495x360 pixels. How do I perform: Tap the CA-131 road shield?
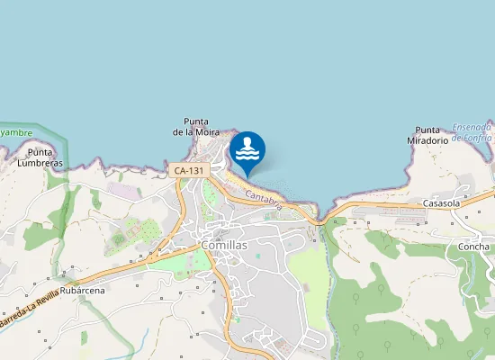(x=188, y=169)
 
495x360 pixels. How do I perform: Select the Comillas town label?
(x=224, y=244)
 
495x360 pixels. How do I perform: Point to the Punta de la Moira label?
(x=196, y=127)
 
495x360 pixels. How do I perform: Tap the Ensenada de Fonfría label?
(x=472, y=132)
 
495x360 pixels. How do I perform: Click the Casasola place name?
(x=442, y=203)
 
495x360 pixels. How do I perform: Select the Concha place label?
(x=473, y=247)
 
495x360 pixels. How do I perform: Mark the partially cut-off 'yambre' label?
(x=10, y=131)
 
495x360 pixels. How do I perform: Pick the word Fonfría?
(x=478, y=138)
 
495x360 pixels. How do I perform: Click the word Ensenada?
(x=472, y=127)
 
